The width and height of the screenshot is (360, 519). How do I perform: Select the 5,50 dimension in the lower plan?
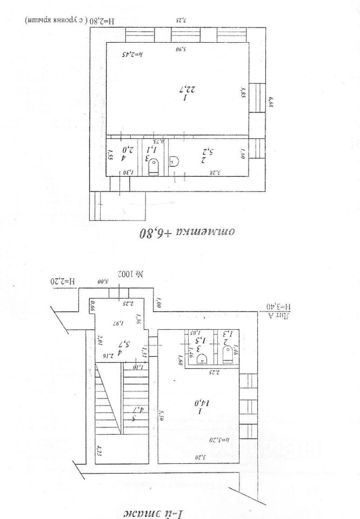(161, 415)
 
